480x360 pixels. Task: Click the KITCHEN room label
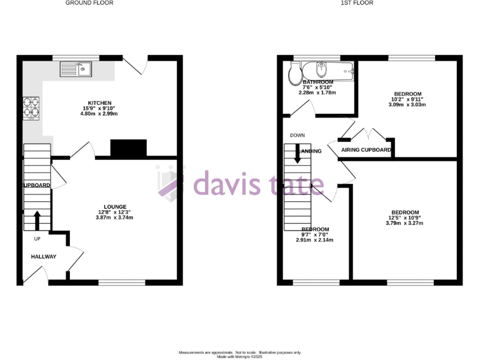pyautogui.click(x=99, y=103)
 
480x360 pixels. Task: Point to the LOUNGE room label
pyautogui.click(x=115, y=207)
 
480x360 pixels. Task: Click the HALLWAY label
pyautogui.click(x=44, y=256)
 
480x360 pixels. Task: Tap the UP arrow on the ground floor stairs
pyautogui.click(x=37, y=219)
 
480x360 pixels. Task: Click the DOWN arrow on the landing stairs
pyautogui.click(x=297, y=154)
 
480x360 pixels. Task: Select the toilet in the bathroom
pyautogui.click(x=294, y=75)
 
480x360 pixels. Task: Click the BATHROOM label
pyautogui.click(x=317, y=82)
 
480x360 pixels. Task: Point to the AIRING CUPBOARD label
pyautogui.click(x=366, y=150)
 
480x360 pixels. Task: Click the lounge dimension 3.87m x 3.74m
pyautogui.click(x=115, y=217)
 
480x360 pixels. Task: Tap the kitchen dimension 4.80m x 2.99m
pyautogui.click(x=99, y=114)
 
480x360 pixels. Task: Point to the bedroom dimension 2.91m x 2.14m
pyautogui.click(x=315, y=240)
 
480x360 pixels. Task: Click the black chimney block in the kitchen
pyautogui.click(x=128, y=148)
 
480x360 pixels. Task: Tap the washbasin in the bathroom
pyautogui.click(x=322, y=69)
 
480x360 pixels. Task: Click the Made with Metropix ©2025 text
pyautogui.click(x=240, y=357)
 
